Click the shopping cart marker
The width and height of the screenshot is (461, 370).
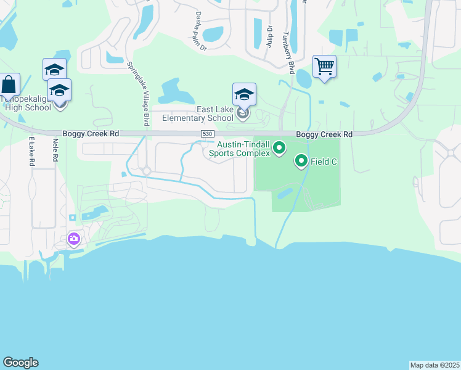pos(324,65)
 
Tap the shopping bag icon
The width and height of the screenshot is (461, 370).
pos(9,84)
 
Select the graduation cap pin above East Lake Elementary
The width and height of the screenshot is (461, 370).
pos(244,94)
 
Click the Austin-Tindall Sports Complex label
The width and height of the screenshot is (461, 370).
pos(240,148)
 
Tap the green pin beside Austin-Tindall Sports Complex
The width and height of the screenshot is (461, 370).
pos(279,147)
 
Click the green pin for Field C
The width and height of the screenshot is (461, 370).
pos(301,161)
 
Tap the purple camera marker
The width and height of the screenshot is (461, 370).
pos(74,239)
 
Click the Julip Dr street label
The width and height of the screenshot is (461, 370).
pos(269,35)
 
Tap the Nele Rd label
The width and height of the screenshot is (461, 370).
pos(55,150)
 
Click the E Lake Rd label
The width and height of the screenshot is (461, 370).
pos(31,152)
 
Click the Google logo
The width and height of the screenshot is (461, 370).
pos(20,363)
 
